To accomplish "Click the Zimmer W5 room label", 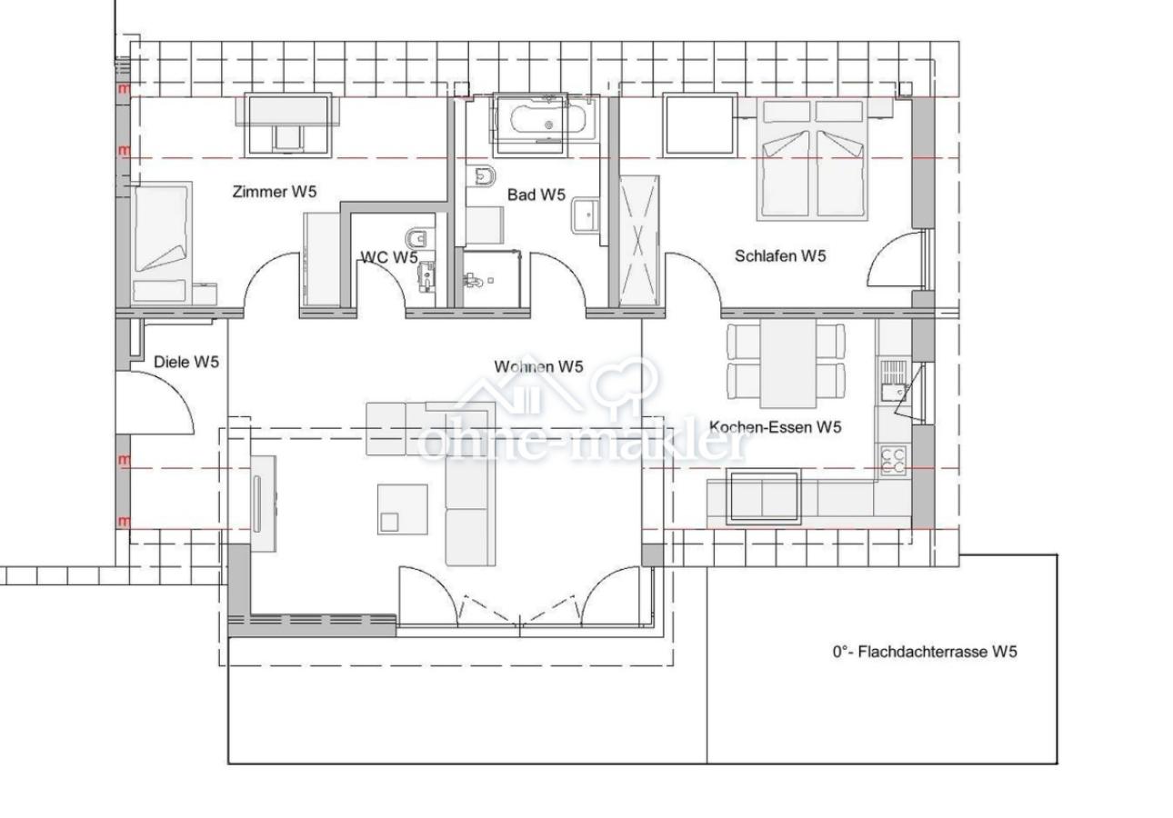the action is tap(275, 192).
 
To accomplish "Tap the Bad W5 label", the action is tap(536, 195).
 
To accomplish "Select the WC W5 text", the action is tap(389, 257).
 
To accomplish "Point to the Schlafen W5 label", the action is tap(780, 256).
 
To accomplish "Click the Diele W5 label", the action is tap(186, 362).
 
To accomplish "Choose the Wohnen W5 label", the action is tap(538, 366).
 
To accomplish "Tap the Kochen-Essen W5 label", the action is tap(775, 427).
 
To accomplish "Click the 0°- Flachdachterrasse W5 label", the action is tap(925, 652).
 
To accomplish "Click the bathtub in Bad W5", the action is tap(546, 120).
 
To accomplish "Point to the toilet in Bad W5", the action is tap(484, 176).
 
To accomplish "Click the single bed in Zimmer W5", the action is tap(161, 244).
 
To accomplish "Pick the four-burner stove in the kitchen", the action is tap(893, 460).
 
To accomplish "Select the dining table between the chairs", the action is tap(787, 364).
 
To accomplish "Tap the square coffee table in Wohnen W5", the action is tap(402, 509).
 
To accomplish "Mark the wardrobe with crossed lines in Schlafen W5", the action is tap(638, 241).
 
